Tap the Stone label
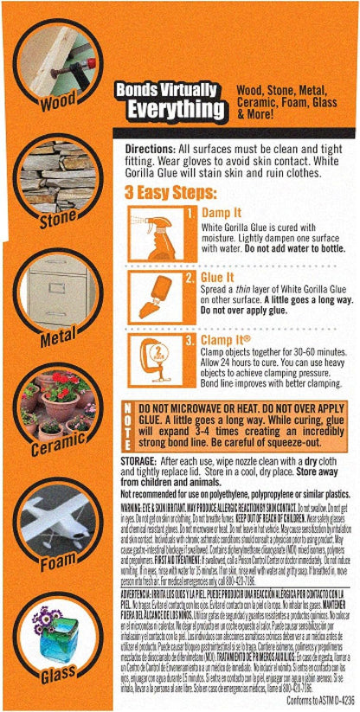58,220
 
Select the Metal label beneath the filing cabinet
58,336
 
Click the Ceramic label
58,449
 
